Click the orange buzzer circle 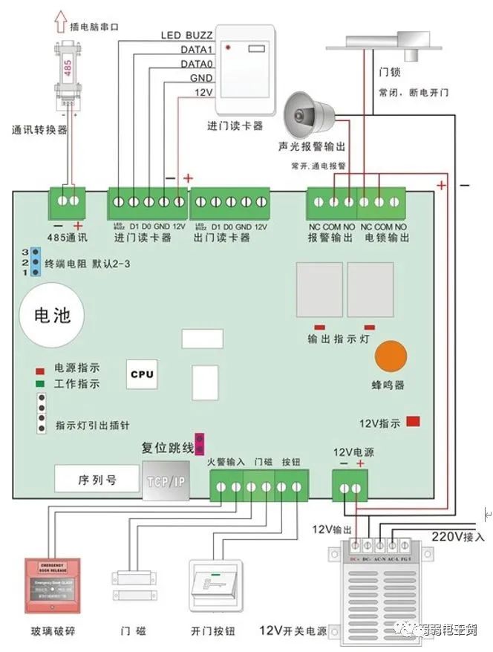[391, 358]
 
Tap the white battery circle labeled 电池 [53, 316]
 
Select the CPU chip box [142, 374]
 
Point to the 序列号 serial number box [97, 480]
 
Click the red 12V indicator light [413, 422]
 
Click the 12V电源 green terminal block [350, 487]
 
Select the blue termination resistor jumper [33, 263]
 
